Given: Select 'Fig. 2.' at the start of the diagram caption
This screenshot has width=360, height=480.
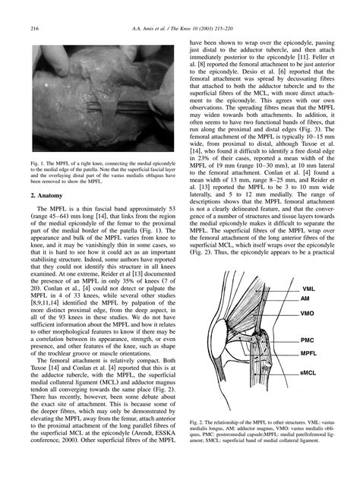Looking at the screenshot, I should [x=201, y=420].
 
